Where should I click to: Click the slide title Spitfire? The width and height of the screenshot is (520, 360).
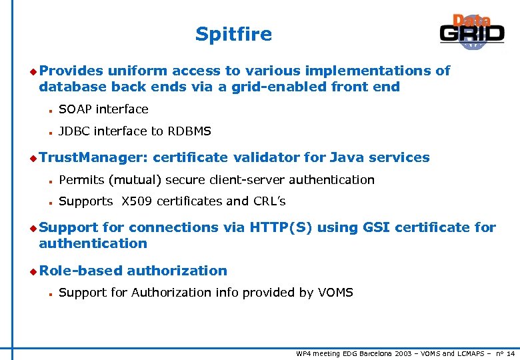(x=233, y=34)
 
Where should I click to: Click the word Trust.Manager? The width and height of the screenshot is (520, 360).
(x=93, y=157)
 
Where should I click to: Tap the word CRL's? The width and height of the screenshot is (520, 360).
(x=269, y=201)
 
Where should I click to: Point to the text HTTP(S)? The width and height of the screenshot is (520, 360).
(x=281, y=227)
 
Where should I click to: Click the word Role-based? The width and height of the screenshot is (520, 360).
(x=81, y=271)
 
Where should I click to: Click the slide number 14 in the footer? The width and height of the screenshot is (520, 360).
(x=511, y=353)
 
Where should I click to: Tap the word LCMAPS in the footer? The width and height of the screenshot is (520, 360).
(x=472, y=353)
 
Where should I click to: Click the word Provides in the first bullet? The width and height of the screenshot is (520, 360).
(x=71, y=71)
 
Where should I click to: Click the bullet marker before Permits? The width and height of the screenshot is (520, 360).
(x=50, y=181)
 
